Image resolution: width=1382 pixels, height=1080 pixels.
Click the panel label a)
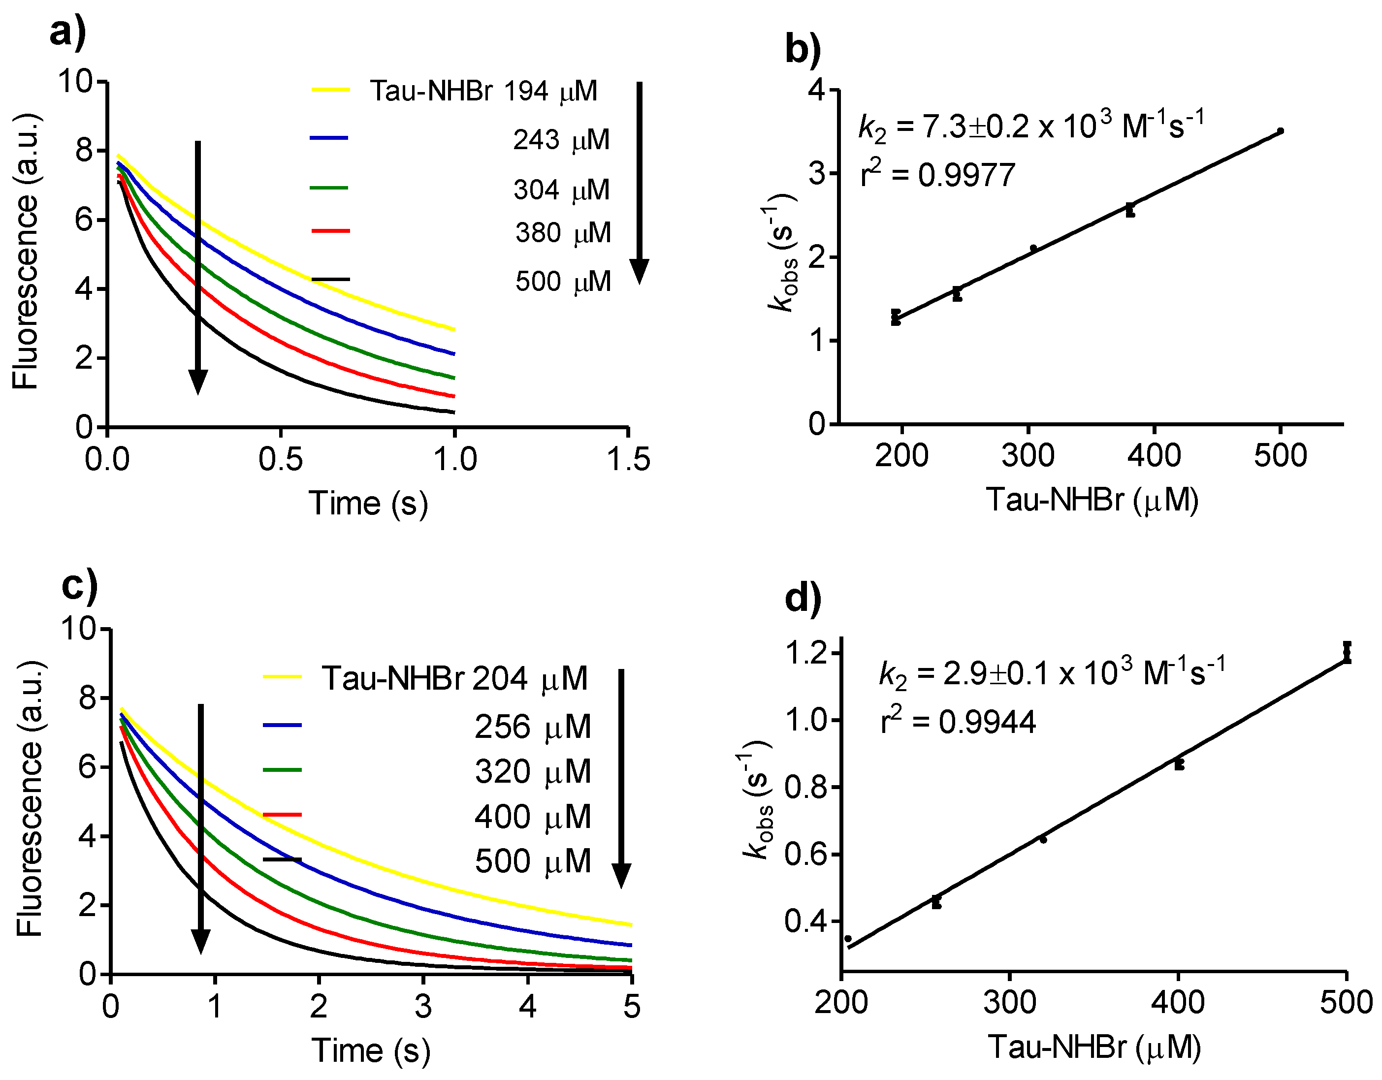pos(68,32)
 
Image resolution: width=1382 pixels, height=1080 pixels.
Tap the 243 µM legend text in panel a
pos(561,140)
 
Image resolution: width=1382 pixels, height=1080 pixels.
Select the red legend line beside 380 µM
pos(330,231)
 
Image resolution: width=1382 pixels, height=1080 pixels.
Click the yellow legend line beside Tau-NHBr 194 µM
pos(330,91)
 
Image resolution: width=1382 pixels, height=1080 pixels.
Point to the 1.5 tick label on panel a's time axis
pos(628,460)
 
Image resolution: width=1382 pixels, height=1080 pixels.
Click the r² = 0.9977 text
pos(938,175)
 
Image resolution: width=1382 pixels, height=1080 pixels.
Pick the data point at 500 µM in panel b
pos(1280,131)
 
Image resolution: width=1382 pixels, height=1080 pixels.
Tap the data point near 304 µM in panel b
pos(1033,249)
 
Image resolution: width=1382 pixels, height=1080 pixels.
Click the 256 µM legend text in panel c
pos(532,727)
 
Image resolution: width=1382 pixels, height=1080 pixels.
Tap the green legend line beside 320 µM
pos(282,770)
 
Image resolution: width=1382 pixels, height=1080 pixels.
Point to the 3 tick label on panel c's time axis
pos(423,1007)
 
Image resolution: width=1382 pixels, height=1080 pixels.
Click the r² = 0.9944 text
pos(958,722)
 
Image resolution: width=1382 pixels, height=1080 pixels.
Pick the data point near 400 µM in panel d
pos(1179,764)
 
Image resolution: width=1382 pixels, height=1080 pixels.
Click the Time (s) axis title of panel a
pos(368,504)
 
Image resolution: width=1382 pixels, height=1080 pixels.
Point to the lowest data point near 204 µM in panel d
pos(848,939)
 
